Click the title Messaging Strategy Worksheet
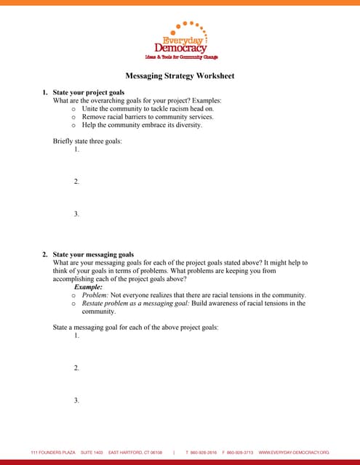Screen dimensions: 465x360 [180, 76]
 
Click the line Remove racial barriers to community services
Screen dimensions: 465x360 [147, 116]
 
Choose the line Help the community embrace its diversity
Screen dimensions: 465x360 [142, 125]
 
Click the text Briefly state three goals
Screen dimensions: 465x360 [87, 141]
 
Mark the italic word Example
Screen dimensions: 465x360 [88, 287]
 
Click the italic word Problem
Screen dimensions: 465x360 [95, 295]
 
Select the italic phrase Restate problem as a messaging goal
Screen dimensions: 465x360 [135, 303]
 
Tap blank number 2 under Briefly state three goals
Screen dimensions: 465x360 [76, 182]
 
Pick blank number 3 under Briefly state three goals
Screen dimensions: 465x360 [76, 214]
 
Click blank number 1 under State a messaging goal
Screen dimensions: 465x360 [76, 336]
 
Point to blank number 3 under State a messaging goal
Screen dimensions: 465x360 [76, 400]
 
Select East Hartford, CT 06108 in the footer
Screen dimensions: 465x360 [135, 452]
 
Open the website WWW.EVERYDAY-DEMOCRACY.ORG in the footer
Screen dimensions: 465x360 [294, 452]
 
